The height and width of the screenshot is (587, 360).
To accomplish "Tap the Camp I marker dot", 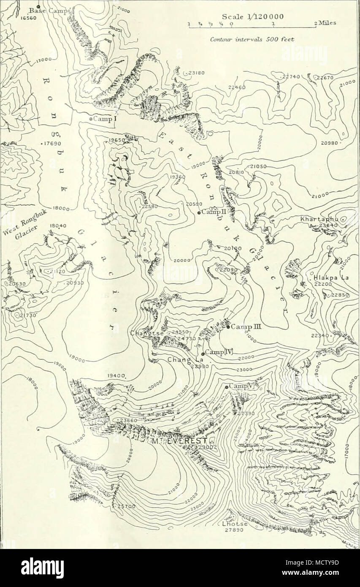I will (91, 120).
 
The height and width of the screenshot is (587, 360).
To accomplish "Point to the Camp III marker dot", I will (228, 326).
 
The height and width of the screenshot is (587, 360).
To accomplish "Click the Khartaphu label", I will (319, 220).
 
